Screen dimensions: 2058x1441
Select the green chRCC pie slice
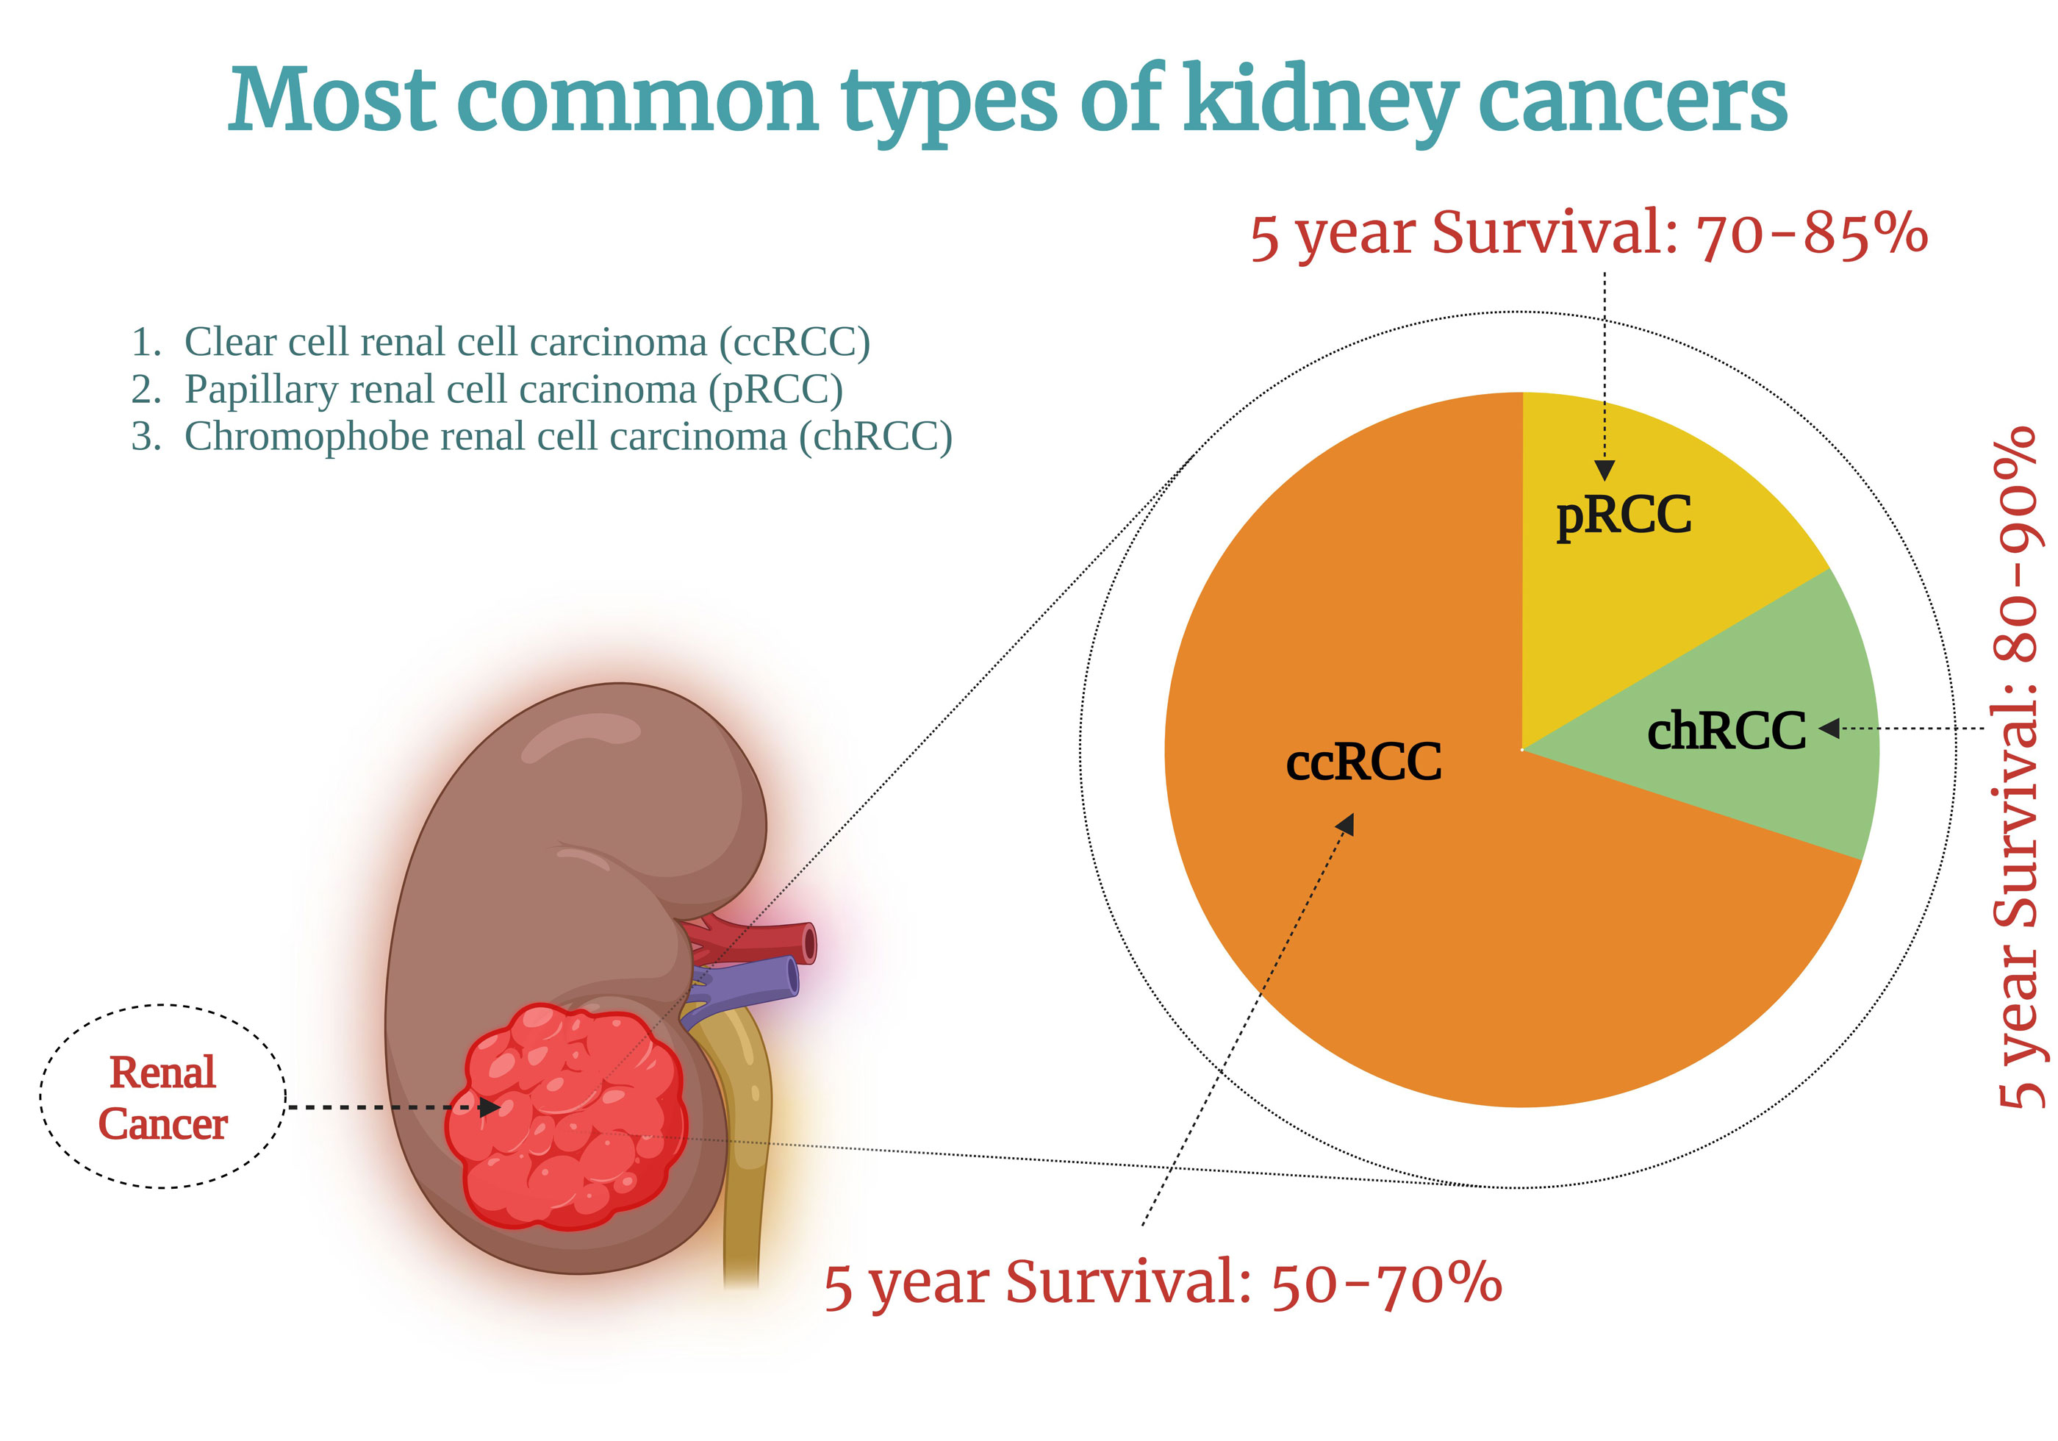tap(1757, 726)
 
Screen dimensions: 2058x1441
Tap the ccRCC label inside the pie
tap(1363, 762)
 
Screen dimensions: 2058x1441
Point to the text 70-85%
tap(1812, 235)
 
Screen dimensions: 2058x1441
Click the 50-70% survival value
tap(1387, 1284)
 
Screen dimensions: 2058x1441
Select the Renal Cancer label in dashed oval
tap(162, 1098)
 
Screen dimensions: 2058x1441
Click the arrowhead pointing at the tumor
tap(490, 1107)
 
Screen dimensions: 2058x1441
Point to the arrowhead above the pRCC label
tap(1605, 470)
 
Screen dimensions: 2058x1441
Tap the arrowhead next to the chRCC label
tap(1829, 728)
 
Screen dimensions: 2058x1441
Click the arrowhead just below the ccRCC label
tap(1345, 824)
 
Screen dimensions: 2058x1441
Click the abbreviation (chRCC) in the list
tap(875, 437)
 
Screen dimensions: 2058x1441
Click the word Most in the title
tap(332, 101)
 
